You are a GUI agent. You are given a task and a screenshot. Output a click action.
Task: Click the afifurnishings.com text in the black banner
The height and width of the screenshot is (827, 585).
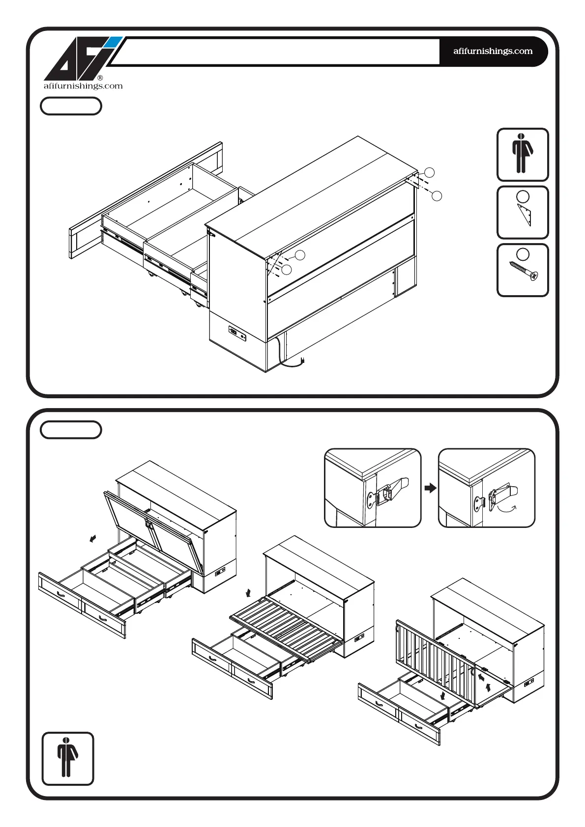pos(493,51)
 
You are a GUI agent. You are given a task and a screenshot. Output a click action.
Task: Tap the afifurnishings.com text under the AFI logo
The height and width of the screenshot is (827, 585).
pos(83,86)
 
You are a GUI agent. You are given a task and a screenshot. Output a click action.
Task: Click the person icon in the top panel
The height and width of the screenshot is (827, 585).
pos(522,154)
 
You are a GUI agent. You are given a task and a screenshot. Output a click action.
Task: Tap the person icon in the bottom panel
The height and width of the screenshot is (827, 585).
pos(67,758)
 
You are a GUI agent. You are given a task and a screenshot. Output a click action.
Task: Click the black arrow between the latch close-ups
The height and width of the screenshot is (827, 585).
pos(430,488)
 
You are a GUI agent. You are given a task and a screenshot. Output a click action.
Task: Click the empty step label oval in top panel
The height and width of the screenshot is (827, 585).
pos(71,106)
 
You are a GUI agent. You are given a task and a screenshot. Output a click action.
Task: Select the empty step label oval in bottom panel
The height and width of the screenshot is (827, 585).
pos(71,430)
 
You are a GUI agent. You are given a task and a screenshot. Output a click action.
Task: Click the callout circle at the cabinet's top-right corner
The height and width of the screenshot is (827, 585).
pos(429,172)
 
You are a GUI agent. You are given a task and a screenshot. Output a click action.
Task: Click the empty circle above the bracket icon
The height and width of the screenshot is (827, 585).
pos(523,197)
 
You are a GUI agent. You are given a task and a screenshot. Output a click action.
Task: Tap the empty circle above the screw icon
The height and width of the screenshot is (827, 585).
pos(523,254)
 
